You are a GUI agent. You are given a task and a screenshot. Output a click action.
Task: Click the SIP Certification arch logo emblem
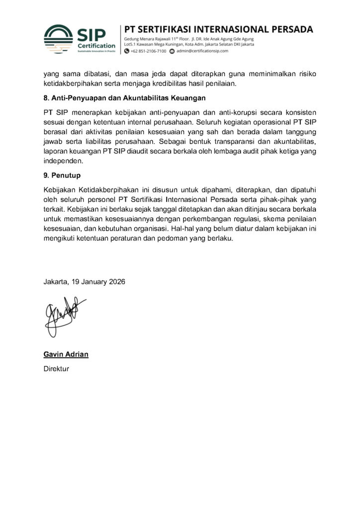59,38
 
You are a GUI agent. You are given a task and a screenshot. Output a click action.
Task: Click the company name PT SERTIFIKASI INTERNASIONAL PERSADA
218,29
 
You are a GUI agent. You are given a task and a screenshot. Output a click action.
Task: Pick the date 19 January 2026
99,281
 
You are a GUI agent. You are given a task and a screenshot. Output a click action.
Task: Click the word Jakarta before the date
56,281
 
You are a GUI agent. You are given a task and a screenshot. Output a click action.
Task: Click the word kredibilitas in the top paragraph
197,84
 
